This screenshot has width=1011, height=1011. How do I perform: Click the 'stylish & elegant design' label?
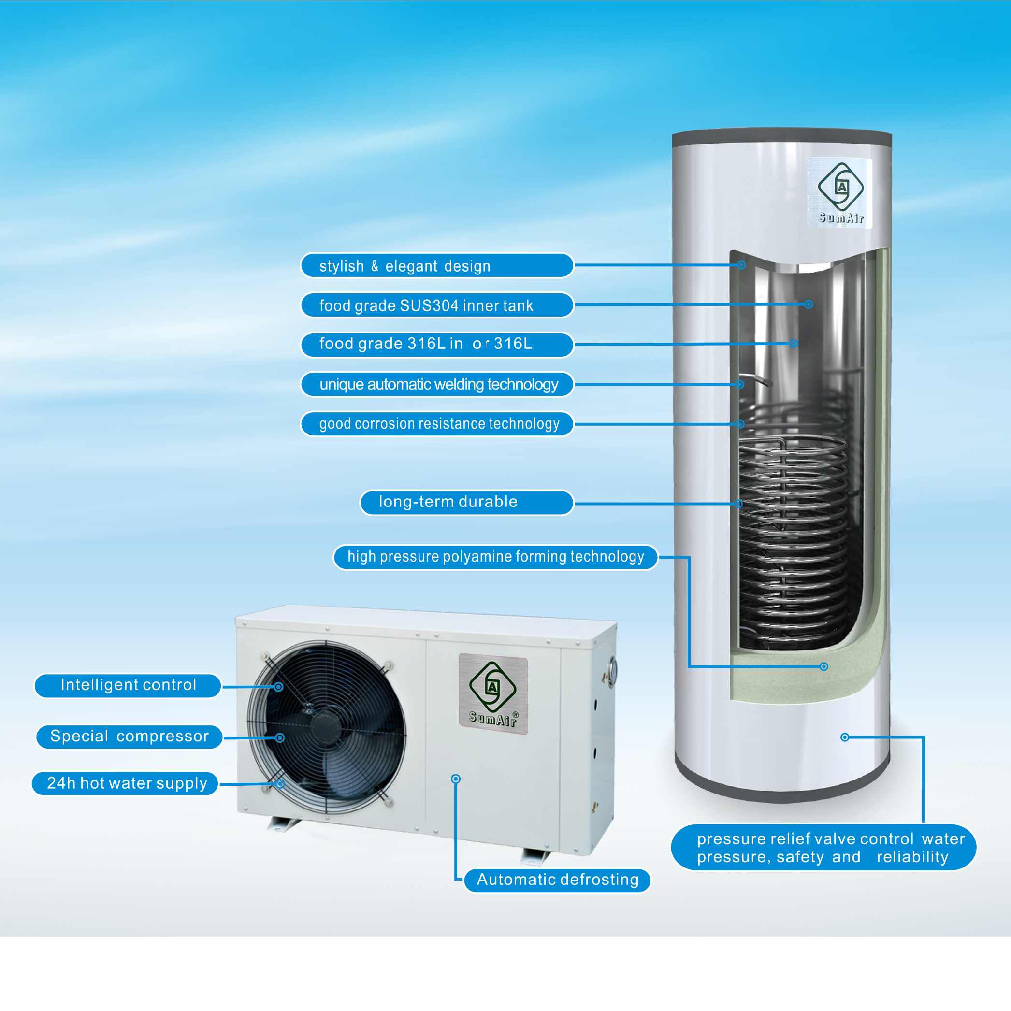(437, 265)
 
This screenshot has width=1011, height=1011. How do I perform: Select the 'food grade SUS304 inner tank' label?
(437, 305)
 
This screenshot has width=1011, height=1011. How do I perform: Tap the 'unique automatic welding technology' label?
(437, 384)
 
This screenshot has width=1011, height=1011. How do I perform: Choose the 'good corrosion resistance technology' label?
(437, 423)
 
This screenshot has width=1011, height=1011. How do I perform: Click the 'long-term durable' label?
(467, 503)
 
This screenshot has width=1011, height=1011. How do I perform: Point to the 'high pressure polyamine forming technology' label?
(495, 557)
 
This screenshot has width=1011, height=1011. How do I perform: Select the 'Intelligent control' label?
(128, 685)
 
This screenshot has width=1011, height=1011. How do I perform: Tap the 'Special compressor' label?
(129, 737)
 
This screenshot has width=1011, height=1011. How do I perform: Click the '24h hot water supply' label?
(126, 783)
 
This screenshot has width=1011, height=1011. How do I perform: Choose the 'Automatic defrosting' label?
(557, 880)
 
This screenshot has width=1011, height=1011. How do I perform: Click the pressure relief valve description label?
(823, 848)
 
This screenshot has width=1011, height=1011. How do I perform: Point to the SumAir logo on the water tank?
(840, 192)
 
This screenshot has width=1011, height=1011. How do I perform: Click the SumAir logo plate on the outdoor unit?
(493, 694)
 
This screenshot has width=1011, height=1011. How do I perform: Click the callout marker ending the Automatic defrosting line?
(456, 779)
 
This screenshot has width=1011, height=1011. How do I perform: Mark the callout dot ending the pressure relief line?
(845, 737)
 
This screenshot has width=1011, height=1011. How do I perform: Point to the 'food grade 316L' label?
(437, 344)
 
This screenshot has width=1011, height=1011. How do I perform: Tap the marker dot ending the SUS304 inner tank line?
(809, 304)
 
